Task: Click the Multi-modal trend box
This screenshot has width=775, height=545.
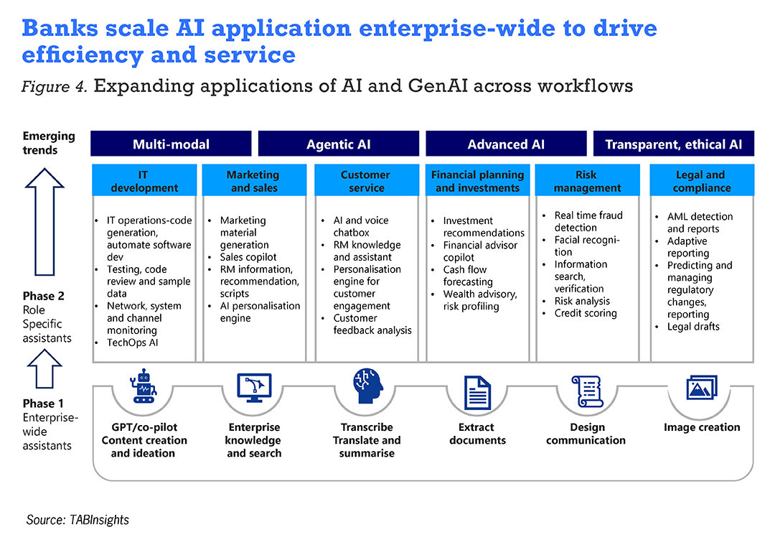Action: point(171,144)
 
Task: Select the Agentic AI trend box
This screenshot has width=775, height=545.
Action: point(339,144)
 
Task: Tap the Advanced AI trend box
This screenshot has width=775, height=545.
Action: point(506,144)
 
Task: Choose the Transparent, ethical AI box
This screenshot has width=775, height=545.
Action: point(674,144)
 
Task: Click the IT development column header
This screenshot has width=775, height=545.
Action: point(144,180)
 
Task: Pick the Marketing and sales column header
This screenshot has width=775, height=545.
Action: point(254,180)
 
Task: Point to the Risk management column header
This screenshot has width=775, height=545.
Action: point(587,180)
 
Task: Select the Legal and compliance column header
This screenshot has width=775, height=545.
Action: point(702,180)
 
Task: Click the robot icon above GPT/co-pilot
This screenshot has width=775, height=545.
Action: point(144,386)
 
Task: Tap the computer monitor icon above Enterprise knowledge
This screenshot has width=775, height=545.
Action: point(255,388)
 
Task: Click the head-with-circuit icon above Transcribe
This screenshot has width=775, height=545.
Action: point(367,386)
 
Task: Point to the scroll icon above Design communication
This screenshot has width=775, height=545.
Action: point(587,391)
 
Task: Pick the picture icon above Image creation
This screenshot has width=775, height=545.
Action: point(702,388)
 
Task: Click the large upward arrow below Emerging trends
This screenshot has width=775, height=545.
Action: point(44,222)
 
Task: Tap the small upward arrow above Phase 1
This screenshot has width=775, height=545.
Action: point(44,368)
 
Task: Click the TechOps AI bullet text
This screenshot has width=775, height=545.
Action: point(133,343)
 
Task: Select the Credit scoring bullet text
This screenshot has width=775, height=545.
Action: point(586,313)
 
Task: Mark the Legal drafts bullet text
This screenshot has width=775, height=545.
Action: point(693,327)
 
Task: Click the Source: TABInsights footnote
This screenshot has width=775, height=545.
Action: point(77,520)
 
